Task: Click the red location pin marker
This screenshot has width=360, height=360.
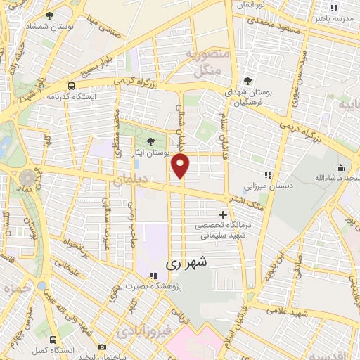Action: (x=181, y=166)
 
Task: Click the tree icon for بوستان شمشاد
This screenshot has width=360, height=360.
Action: (x=49, y=15)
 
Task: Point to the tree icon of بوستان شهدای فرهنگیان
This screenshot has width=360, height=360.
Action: (x=247, y=81)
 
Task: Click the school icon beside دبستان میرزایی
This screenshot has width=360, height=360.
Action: (x=267, y=175)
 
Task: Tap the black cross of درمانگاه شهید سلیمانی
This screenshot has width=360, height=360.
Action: (x=224, y=214)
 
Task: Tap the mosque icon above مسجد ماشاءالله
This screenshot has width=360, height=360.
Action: (x=340, y=167)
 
